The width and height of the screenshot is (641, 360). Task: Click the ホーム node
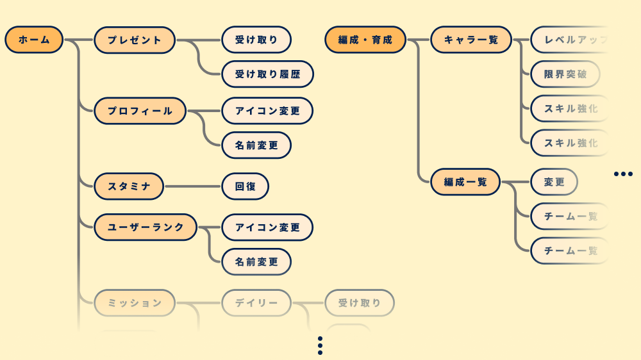34,40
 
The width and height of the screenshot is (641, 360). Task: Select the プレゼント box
135,40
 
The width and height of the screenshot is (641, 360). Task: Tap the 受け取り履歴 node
267,74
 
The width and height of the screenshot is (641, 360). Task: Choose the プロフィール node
140,111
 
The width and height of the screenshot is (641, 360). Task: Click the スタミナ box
129,186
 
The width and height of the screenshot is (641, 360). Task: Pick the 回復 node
245,186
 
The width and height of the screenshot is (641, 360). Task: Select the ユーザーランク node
146,227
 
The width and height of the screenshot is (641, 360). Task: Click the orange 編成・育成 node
365,40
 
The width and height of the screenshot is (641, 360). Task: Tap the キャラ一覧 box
470,40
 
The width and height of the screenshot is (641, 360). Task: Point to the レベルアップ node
570,40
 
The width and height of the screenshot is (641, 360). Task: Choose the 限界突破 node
565,74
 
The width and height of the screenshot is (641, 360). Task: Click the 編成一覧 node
465,182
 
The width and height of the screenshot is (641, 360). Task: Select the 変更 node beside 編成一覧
554,182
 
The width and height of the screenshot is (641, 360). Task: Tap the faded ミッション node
135,303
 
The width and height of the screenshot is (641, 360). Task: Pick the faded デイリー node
256,303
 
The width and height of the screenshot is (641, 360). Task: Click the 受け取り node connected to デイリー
359,303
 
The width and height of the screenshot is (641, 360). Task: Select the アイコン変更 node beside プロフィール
267,111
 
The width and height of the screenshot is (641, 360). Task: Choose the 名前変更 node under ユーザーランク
256,261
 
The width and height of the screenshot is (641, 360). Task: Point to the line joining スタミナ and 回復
192,186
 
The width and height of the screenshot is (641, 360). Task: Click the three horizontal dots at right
622,174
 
